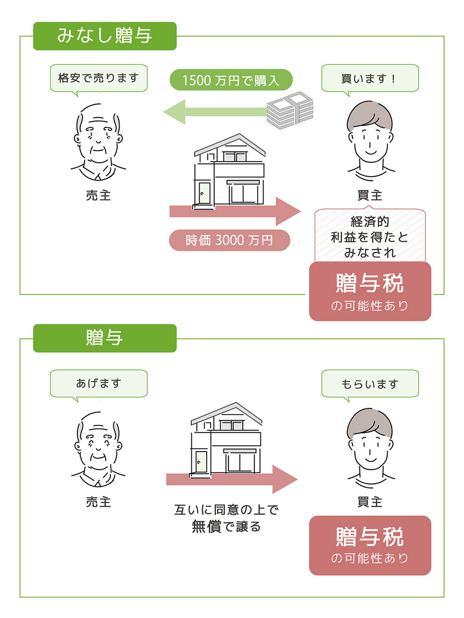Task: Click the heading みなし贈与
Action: click(x=105, y=36)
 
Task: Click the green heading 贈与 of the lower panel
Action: click(x=105, y=338)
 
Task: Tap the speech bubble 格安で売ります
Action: click(x=98, y=78)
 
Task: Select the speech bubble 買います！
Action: click(x=370, y=78)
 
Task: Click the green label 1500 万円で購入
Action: click(x=231, y=80)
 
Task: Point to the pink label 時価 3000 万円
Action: click(x=229, y=240)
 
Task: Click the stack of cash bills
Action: click(x=290, y=109)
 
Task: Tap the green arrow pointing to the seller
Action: click(x=217, y=112)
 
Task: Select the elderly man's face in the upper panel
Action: click(x=98, y=136)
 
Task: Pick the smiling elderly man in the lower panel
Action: click(x=98, y=443)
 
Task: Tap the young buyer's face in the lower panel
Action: click(x=370, y=440)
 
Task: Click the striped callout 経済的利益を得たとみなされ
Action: click(x=370, y=236)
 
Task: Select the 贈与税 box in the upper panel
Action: click(x=370, y=291)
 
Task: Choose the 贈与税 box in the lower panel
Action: click(x=370, y=545)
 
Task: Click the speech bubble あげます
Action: click(x=98, y=383)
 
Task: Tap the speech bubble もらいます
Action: click(x=370, y=384)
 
